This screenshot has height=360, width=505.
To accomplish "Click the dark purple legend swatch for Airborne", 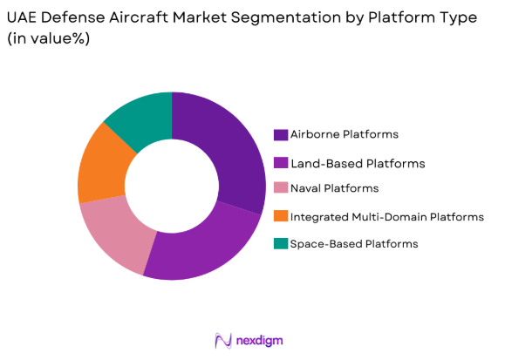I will [x=281, y=135].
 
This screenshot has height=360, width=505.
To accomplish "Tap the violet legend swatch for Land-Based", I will [x=281, y=163].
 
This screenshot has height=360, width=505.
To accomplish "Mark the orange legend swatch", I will [x=281, y=216].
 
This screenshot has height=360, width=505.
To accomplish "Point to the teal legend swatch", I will [x=281, y=244].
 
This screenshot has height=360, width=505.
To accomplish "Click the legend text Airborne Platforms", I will [x=345, y=135].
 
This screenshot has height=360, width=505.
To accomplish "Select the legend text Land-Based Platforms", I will [x=358, y=163].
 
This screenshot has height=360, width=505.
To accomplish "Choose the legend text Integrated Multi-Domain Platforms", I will [x=386, y=216].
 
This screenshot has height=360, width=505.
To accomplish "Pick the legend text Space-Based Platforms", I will [x=354, y=244].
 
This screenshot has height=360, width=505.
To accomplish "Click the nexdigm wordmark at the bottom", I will [x=261, y=340].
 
